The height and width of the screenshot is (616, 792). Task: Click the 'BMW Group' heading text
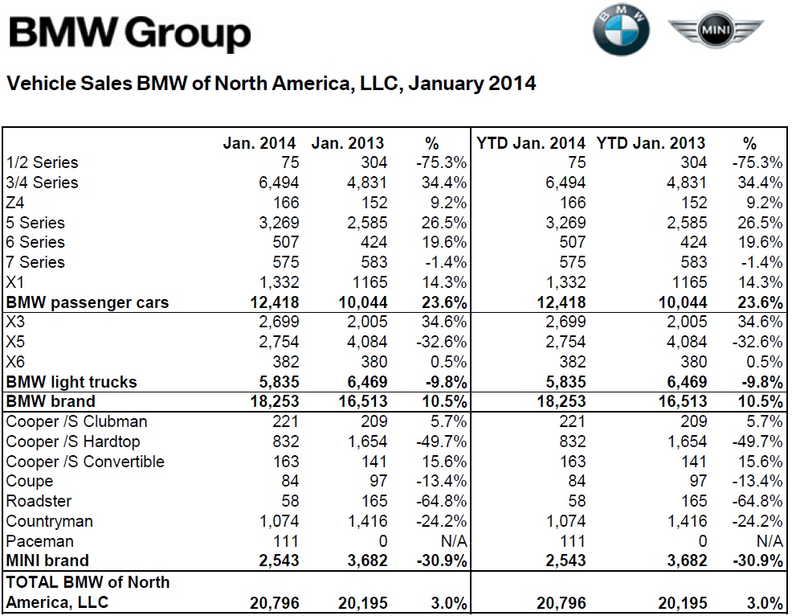(129, 34)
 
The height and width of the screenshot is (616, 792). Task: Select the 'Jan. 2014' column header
(259, 144)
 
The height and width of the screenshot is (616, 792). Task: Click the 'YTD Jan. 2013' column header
(651, 144)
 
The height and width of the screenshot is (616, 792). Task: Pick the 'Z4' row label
(17, 203)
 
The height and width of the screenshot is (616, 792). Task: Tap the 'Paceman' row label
(39, 541)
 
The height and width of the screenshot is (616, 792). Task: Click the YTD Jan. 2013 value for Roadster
(694, 501)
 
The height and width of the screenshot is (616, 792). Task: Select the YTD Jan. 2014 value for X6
(572, 362)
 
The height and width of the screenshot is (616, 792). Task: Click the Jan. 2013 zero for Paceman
(382, 541)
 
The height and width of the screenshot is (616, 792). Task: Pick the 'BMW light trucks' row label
(71, 382)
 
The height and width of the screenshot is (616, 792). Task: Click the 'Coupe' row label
(30, 481)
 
